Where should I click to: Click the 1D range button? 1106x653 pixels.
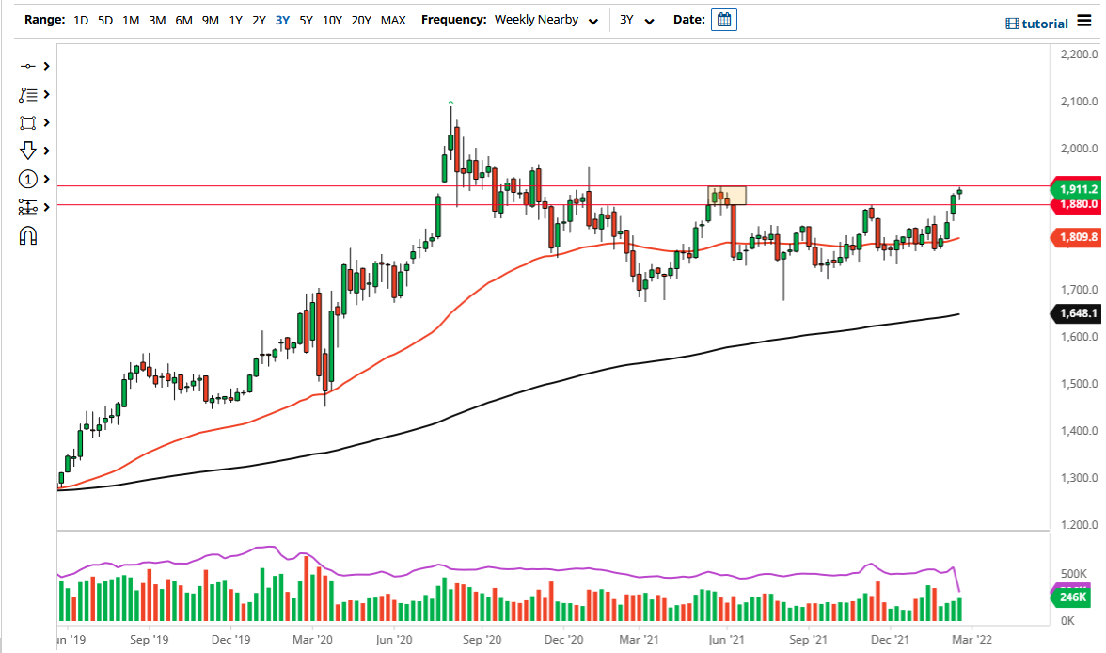[82, 20]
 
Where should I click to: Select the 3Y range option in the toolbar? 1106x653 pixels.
[282, 20]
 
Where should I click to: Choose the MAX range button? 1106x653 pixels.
[393, 20]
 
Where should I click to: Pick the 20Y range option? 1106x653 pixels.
[361, 20]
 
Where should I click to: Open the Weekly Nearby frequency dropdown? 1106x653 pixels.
[546, 20]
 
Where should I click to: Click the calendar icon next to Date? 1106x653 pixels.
[723, 20]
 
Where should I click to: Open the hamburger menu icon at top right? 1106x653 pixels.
[1084, 21]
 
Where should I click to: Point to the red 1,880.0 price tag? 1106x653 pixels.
[1074, 204]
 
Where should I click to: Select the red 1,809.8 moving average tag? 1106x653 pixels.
[1074, 238]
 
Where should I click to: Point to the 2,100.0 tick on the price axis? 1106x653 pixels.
[1073, 102]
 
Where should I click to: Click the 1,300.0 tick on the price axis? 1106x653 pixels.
[1073, 478]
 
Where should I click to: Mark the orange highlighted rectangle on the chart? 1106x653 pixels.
[727, 196]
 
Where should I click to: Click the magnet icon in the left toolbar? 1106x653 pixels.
[27, 235]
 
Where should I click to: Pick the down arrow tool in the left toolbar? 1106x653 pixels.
[27, 151]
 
